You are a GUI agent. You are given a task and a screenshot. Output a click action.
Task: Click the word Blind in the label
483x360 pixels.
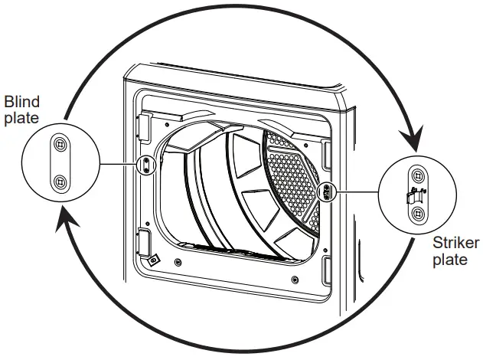pyautogui.click(x=22, y=102)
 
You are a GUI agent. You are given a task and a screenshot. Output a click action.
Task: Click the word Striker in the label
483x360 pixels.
pyautogui.click(x=456, y=243)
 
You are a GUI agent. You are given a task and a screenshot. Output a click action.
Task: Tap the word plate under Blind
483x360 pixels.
pyautogui.click(x=21, y=118)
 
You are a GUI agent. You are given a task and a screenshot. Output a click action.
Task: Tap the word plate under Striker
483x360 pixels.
pyautogui.click(x=450, y=259)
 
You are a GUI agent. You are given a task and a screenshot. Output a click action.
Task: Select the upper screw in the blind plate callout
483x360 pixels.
pyautogui.click(x=60, y=144)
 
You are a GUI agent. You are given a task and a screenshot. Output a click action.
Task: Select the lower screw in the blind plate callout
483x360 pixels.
pyautogui.click(x=60, y=182)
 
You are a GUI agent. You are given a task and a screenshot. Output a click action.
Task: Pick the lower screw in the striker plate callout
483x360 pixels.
pyautogui.click(x=418, y=213)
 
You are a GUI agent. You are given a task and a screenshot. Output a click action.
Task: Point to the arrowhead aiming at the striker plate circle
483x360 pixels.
pyautogui.click(x=413, y=138)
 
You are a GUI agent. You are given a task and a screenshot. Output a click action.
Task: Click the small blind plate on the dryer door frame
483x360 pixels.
pyautogui.click(x=146, y=165)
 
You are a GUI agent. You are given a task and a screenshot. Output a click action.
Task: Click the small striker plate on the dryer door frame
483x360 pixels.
pyautogui.click(x=327, y=191)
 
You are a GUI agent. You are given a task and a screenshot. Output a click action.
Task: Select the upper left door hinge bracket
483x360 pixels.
pyautogui.click(x=145, y=128)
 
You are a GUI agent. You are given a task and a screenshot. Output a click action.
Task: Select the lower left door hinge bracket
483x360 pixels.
pyautogui.click(x=145, y=241)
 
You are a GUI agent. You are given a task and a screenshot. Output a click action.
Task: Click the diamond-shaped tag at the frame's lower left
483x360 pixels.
pyautogui.click(x=153, y=260)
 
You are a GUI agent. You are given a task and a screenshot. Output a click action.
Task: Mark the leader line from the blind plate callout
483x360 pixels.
pyautogui.click(x=119, y=164)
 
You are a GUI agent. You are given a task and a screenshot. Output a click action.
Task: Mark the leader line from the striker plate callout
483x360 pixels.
pyautogui.click(x=357, y=191)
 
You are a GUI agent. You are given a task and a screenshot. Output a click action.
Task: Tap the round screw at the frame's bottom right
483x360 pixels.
pyautogui.click(x=295, y=280)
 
